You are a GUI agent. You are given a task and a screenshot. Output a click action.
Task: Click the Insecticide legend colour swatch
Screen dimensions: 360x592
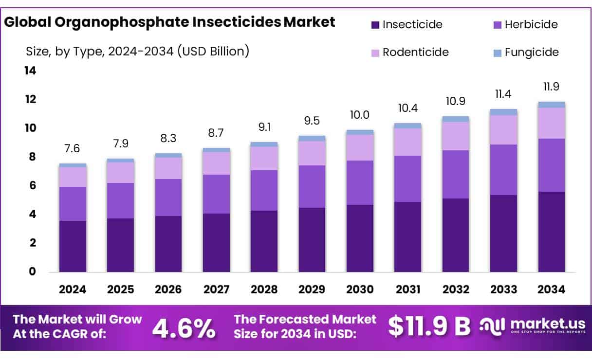[375, 24]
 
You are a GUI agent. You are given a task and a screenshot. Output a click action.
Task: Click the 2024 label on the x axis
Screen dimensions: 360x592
[73, 289]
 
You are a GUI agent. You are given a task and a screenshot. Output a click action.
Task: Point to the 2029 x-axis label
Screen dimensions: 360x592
[312, 289]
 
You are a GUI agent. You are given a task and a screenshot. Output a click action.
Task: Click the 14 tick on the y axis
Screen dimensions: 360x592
[30, 71]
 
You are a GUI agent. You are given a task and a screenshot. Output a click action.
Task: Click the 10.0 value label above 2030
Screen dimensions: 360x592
[360, 115]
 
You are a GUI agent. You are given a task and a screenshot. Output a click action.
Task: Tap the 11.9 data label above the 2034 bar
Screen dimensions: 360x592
[552, 87]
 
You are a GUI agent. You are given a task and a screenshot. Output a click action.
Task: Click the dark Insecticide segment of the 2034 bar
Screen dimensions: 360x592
[552, 232]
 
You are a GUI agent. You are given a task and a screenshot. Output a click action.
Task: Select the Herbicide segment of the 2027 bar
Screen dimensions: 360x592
[216, 194]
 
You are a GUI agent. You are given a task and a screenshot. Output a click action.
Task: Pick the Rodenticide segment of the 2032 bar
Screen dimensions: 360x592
[456, 136]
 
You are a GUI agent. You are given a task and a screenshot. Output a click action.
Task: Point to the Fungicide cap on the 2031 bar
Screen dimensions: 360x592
[408, 126]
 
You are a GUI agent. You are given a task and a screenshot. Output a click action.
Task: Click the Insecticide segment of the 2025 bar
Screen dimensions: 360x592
[120, 245]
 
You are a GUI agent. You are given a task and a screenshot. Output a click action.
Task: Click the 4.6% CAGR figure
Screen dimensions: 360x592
[184, 328]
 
